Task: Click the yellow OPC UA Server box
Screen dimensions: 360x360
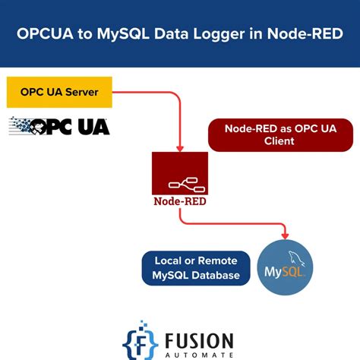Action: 59,92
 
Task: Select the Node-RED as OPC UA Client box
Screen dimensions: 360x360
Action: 280,134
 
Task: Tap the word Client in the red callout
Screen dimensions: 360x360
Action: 280,141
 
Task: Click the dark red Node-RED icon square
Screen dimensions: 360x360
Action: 179,174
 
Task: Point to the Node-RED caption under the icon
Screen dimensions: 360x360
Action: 179,202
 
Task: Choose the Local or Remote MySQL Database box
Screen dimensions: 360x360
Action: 195,268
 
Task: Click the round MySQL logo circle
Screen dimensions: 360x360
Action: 284,268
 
